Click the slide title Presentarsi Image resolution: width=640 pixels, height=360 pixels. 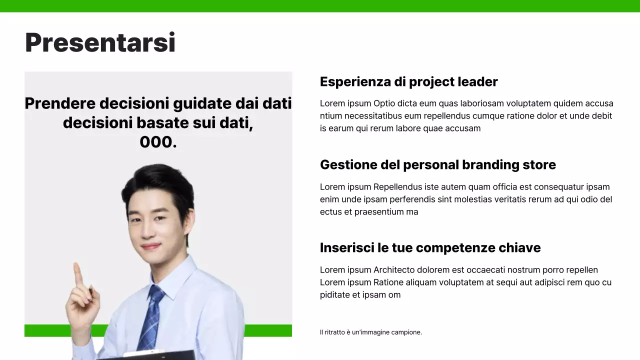(100, 43)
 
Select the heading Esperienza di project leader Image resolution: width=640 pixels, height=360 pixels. (408, 82)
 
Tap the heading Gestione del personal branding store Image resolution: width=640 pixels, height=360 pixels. (437, 165)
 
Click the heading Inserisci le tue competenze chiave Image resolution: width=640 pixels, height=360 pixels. (430, 248)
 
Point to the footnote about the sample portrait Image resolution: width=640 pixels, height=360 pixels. (370, 332)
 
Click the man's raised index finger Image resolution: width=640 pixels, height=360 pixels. (77, 272)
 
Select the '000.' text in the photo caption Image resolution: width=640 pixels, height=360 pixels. (158, 142)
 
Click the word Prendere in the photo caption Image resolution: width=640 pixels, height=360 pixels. (59, 104)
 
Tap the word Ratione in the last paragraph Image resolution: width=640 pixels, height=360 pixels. (388, 282)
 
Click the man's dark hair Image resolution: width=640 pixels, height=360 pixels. (157, 180)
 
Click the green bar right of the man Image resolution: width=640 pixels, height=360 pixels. (268, 330)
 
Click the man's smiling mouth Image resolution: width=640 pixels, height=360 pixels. (150, 246)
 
